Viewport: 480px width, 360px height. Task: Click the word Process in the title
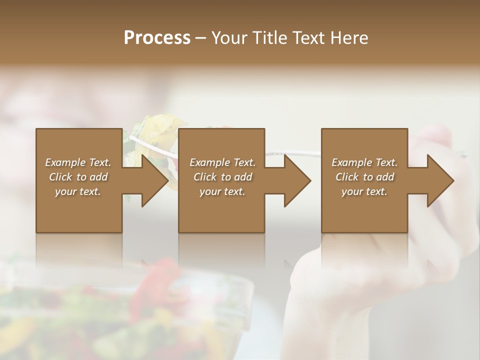click(157, 38)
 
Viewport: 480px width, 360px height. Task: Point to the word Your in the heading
click(228, 38)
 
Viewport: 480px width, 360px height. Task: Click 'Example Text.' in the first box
click(78, 162)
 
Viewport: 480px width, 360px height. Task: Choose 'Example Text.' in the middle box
click(222, 162)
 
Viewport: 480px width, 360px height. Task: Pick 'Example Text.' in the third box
click(364, 162)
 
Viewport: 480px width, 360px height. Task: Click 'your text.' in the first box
click(78, 191)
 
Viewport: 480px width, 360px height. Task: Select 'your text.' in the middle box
click(222, 191)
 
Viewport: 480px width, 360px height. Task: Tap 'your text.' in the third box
click(364, 191)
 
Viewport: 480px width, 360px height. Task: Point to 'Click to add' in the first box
click(78, 177)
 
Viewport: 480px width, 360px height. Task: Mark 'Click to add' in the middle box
click(222, 177)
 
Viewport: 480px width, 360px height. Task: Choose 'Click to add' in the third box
click(364, 177)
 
